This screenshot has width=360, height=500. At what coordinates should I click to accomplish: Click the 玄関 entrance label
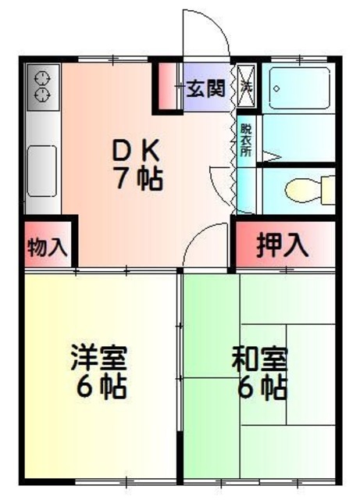[205, 87]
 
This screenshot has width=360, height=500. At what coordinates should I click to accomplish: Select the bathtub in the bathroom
[300, 88]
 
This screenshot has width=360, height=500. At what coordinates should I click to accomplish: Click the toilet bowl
[300, 190]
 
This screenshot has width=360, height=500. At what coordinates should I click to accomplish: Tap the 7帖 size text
[138, 180]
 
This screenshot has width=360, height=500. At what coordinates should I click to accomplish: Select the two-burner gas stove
[43, 85]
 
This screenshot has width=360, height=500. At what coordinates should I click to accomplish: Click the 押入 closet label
[283, 245]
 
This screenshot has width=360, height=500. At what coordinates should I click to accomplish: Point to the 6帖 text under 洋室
[98, 387]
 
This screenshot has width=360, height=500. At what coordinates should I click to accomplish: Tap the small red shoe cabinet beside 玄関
[167, 87]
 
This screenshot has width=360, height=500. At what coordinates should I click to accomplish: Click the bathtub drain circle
[277, 87]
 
